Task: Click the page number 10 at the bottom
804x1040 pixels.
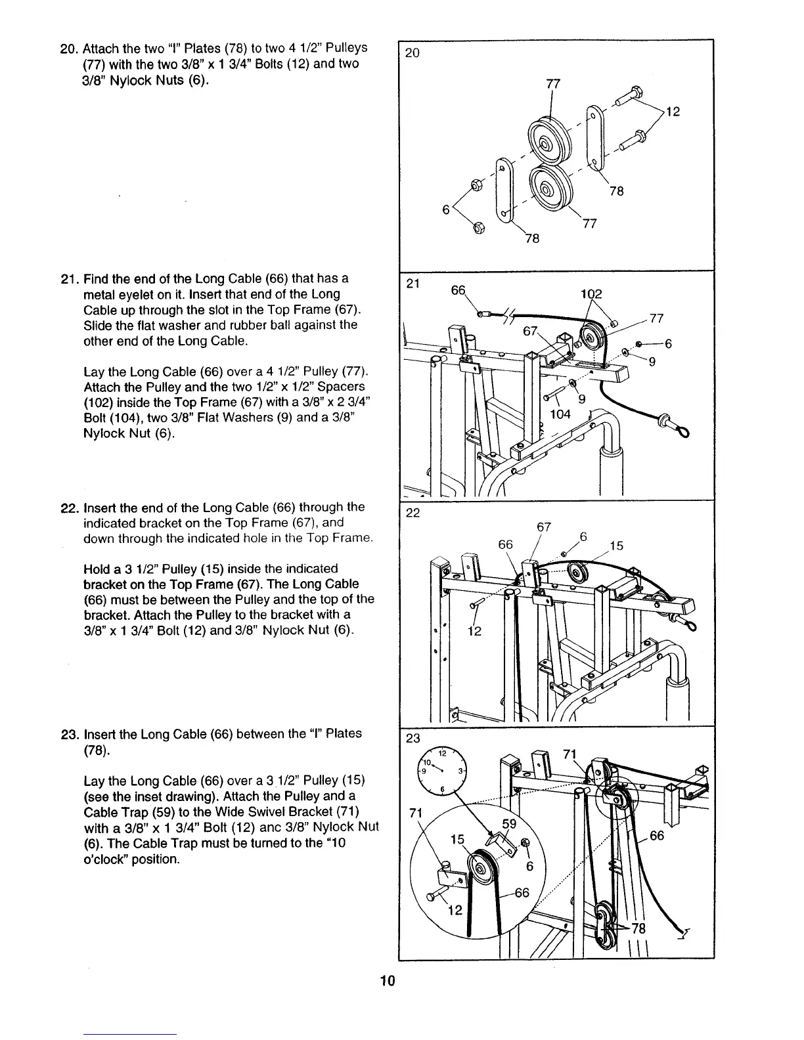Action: (x=386, y=982)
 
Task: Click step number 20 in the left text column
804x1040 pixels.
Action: (x=68, y=49)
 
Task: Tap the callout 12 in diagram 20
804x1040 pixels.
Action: (x=672, y=112)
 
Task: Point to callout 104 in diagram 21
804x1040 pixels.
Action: (x=560, y=414)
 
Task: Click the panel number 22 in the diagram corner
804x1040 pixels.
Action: (x=413, y=513)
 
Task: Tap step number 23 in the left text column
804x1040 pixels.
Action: (x=68, y=733)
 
